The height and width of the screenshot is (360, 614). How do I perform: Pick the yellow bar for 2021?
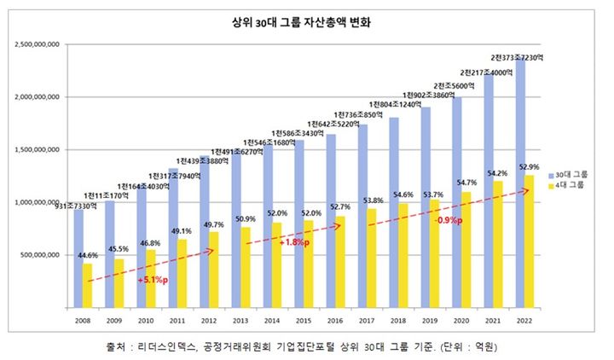[499, 244]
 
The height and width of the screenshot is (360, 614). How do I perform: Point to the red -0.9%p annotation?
[449, 220]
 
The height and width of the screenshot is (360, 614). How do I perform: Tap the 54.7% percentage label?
[467, 182]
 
